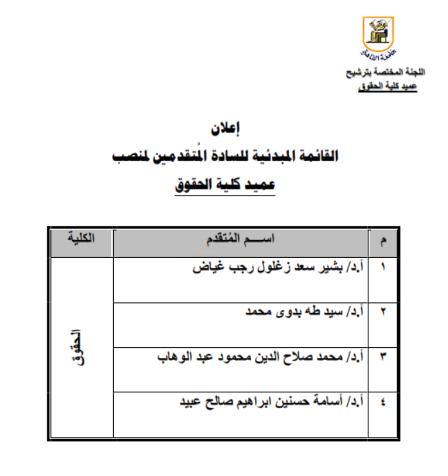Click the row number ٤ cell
pyautogui.click(x=382, y=402)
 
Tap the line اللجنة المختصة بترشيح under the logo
pyautogui.click(x=386, y=73)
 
